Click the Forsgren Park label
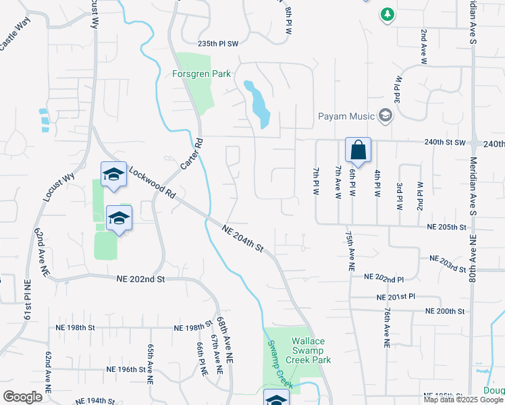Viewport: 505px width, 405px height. point(201,74)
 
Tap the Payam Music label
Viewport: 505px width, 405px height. point(346,116)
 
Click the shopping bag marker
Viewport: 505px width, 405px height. point(358,150)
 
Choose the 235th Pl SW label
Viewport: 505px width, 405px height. point(219,42)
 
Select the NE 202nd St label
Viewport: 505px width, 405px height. point(140,279)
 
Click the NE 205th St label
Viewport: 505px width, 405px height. point(446,228)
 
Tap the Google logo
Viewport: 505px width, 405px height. point(22,396)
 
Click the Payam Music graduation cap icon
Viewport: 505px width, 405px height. point(386,116)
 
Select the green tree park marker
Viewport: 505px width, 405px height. point(387,15)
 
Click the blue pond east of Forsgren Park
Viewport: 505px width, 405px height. point(257,104)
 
